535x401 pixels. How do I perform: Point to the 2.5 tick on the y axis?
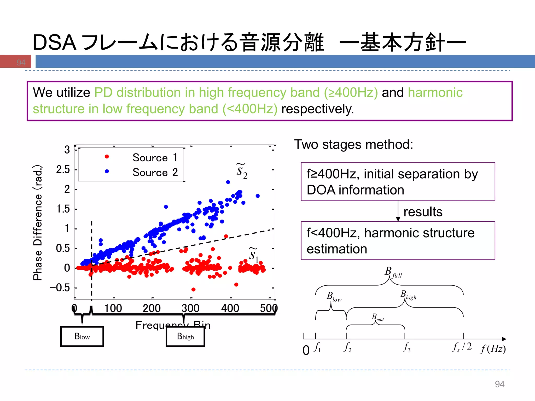tap(63, 170)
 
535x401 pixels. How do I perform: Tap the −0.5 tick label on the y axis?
tap(60, 288)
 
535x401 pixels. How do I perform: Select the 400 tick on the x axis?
tap(230, 308)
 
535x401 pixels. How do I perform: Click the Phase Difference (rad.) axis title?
tap(38, 222)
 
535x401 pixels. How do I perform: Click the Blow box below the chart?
tap(82, 337)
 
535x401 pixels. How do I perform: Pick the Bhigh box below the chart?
tap(185, 337)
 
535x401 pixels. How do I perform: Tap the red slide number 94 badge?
tap(21, 62)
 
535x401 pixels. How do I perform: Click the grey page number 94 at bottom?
tap(499, 384)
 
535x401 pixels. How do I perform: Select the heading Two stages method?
tap(354, 144)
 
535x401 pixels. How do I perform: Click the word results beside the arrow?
tap(423, 212)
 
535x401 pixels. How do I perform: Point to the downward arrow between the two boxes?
tap(398, 211)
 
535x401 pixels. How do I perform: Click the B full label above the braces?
tap(393, 272)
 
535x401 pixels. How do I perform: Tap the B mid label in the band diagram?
tap(377, 317)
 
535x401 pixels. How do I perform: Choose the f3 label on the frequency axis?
tap(407, 347)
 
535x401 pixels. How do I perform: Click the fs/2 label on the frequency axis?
tap(462, 347)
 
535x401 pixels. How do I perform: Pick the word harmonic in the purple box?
tap(435, 93)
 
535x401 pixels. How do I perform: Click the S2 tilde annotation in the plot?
tap(242, 171)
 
